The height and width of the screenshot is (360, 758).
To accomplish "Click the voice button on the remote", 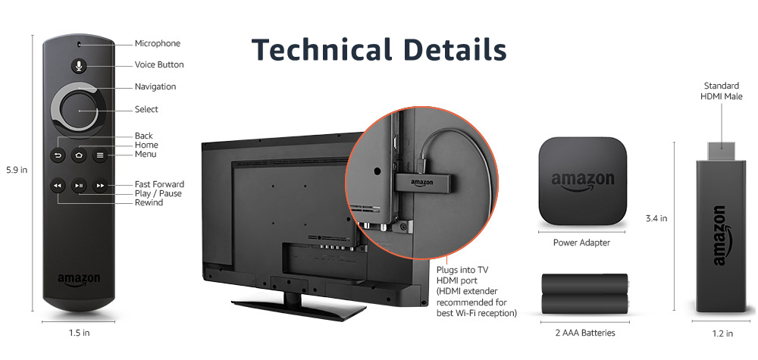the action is click(x=79, y=64).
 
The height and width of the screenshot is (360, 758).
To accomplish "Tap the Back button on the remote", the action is click(x=58, y=155).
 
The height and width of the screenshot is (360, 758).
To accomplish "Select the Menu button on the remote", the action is click(x=100, y=155).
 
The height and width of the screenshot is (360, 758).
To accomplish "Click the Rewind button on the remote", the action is click(x=58, y=186).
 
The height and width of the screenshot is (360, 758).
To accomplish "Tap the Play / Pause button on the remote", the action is click(x=79, y=186).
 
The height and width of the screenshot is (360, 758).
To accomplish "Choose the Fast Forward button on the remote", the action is click(x=100, y=186).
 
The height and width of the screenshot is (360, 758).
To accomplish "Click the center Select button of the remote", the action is click(x=79, y=111).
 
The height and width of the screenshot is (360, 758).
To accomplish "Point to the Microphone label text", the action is click(x=158, y=44).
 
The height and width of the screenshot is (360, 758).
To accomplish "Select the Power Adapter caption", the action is click(x=582, y=243).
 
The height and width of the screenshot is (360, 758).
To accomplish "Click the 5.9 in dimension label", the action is click(x=17, y=170).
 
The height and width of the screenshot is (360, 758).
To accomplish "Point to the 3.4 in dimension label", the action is click(x=656, y=219).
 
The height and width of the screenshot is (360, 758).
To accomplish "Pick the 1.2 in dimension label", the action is click(x=721, y=333).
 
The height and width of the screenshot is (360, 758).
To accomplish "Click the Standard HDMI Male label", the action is click(x=722, y=91).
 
